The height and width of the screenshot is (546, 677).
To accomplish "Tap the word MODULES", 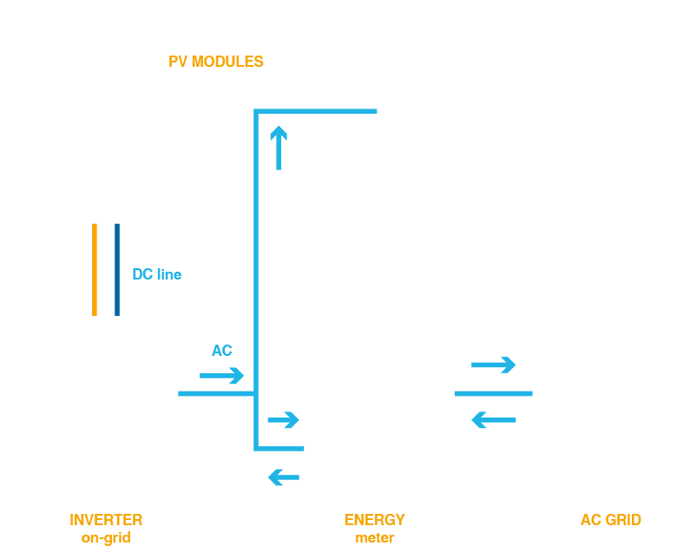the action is click(x=227, y=62).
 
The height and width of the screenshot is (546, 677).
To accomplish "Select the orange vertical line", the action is click(x=95, y=270).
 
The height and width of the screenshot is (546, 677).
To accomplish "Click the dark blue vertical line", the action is click(x=117, y=270).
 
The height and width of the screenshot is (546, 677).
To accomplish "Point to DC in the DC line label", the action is click(x=142, y=274).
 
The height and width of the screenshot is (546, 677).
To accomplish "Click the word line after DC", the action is click(x=169, y=274).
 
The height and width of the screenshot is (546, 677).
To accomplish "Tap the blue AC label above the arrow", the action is click(x=222, y=351).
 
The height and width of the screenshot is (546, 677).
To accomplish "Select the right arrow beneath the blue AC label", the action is click(x=221, y=375).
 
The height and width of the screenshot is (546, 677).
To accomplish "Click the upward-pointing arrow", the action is click(x=279, y=148).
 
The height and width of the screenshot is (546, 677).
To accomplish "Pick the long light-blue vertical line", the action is click(x=256, y=280).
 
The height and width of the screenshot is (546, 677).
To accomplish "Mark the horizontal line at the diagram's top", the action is click(x=315, y=111).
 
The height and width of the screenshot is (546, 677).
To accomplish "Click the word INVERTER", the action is click(x=106, y=520).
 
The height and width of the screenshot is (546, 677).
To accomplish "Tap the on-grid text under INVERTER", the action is click(x=106, y=538).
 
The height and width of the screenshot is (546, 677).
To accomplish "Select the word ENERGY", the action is click(x=375, y=520).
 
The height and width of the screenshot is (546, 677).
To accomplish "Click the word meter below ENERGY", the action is click(x=375, y=538).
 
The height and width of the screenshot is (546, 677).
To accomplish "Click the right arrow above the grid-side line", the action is click(x=494, y=365).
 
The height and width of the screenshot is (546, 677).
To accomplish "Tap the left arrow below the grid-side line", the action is click(x=494, y=420).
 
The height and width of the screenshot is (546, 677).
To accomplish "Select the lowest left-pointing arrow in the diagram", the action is click(x=284, y=477).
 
